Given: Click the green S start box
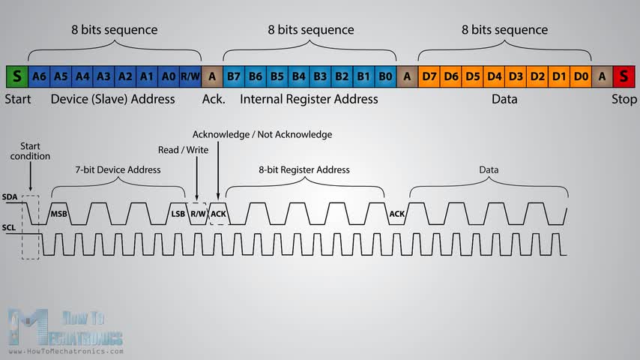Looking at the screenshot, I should [16, 76].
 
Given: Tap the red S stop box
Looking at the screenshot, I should [624, 76].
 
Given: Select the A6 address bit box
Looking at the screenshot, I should [40, 76].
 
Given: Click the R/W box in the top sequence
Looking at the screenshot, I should [190, 76].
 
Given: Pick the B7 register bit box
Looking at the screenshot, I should [234, 76].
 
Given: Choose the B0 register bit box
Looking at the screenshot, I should [385, 76].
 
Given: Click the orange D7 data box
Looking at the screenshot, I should [429, 76].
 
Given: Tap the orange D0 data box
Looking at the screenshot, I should [580, 76].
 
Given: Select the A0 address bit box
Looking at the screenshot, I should [169, 76].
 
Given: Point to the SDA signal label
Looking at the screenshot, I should [10, 196].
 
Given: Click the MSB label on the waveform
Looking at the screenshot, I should [59, 214].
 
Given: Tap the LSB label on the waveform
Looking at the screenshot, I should [178, 214].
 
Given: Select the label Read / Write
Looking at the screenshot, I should [184, 150].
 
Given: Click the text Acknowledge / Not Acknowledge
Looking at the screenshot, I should [262, 134].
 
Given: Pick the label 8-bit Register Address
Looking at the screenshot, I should [304, 169].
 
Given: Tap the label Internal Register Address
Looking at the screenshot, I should [309, 99].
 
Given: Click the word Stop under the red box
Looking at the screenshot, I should [624, 99].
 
